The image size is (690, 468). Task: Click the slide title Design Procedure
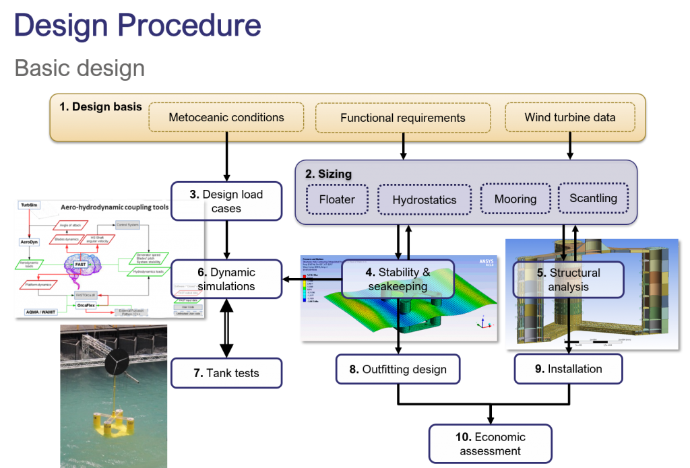pos(137,26)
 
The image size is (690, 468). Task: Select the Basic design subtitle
pos(80,68)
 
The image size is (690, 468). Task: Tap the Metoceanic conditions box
pos(226,117)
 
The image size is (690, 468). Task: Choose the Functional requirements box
pos(402,117)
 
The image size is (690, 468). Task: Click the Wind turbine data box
pos(569,117)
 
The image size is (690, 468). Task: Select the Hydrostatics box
pos(424,200)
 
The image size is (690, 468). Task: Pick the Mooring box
pos(515,199)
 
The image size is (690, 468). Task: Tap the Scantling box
pos(593,199)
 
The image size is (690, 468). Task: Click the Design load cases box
pos(226,201)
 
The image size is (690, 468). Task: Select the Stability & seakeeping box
pos(398,279)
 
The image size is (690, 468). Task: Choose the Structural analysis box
pos(568,279)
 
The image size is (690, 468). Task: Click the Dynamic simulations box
pos(226,279)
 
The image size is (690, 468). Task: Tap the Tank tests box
pos(226,373)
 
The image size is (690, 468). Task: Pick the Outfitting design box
pos(398,369)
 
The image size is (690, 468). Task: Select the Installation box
pos(568,369)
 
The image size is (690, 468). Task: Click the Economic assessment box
pos(490,444)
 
